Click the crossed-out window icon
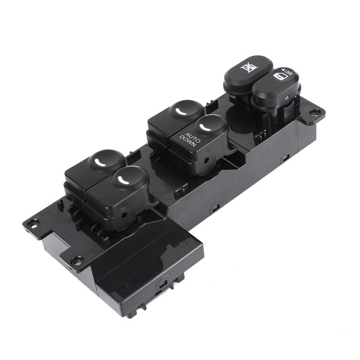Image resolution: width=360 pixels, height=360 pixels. pyautogui.click(x=248, y=65)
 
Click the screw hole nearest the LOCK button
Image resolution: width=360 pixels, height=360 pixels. pyautogui.click(x=314, y=113)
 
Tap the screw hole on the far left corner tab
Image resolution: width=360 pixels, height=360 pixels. pyautogui.click(x=34, y=223)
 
